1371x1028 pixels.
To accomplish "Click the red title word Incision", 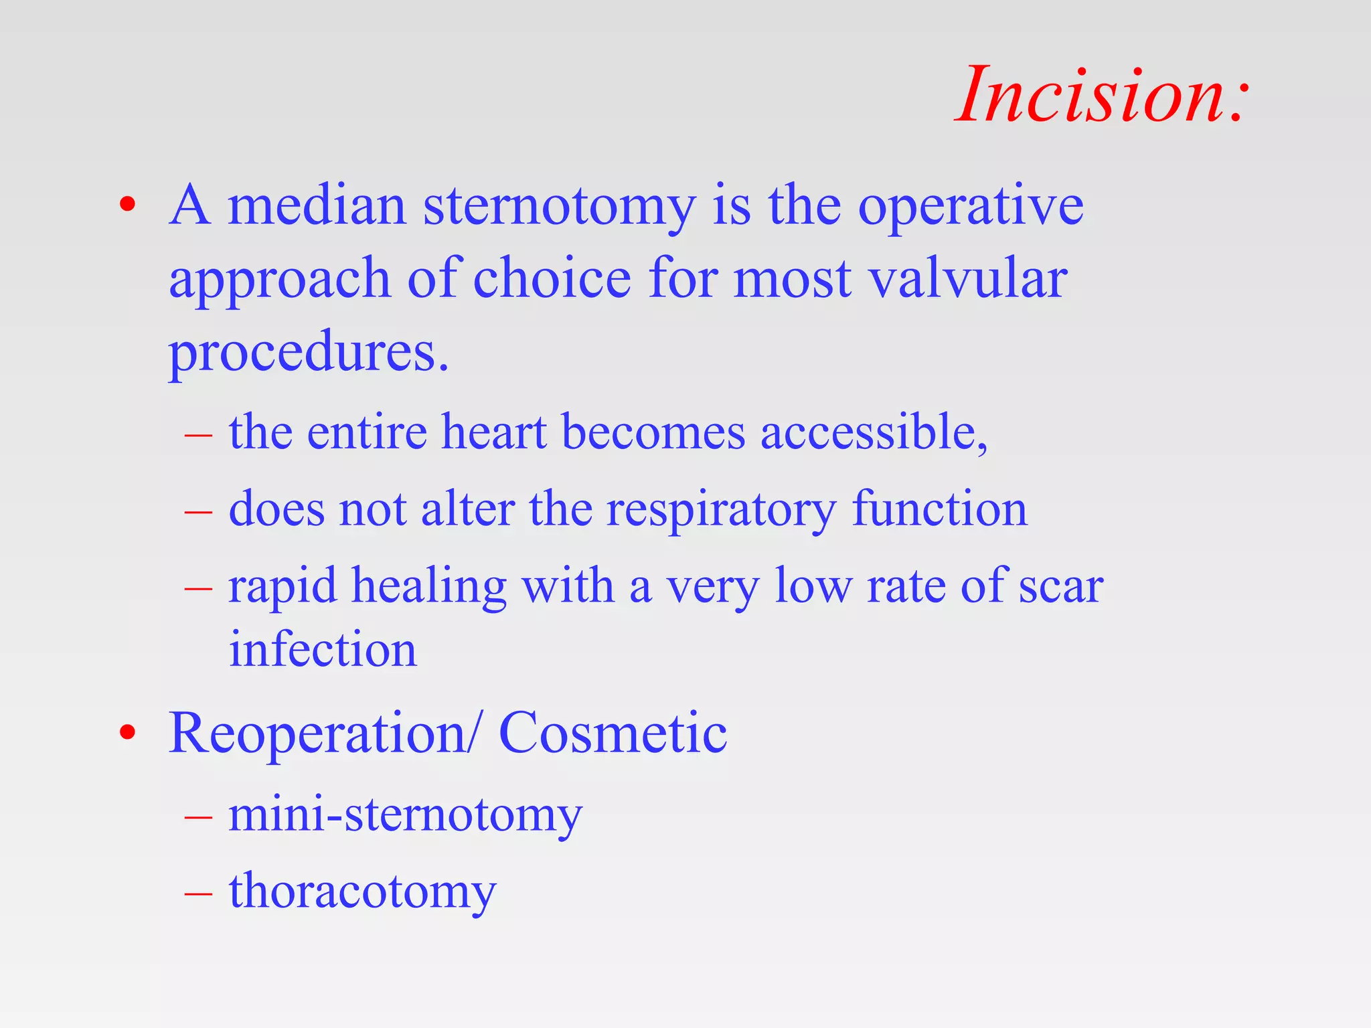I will (x=1101, y=96).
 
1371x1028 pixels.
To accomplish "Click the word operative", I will (x=971, y=207).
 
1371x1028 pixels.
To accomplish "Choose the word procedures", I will (x=308, y=353).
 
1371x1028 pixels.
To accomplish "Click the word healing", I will (x=429, y=587).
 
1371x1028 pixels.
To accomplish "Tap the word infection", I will (x=323, y=649).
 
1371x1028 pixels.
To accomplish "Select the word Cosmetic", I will (x=613, y=734).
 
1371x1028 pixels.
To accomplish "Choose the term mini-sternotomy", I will (x=406, y=816).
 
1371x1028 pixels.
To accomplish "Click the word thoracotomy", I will (x=362, y=892).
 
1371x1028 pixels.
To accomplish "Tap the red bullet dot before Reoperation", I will (x=127, y=734).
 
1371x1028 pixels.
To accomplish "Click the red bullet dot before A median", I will (x=127, y=204).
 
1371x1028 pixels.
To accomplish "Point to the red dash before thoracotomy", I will (x=198, y=893).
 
